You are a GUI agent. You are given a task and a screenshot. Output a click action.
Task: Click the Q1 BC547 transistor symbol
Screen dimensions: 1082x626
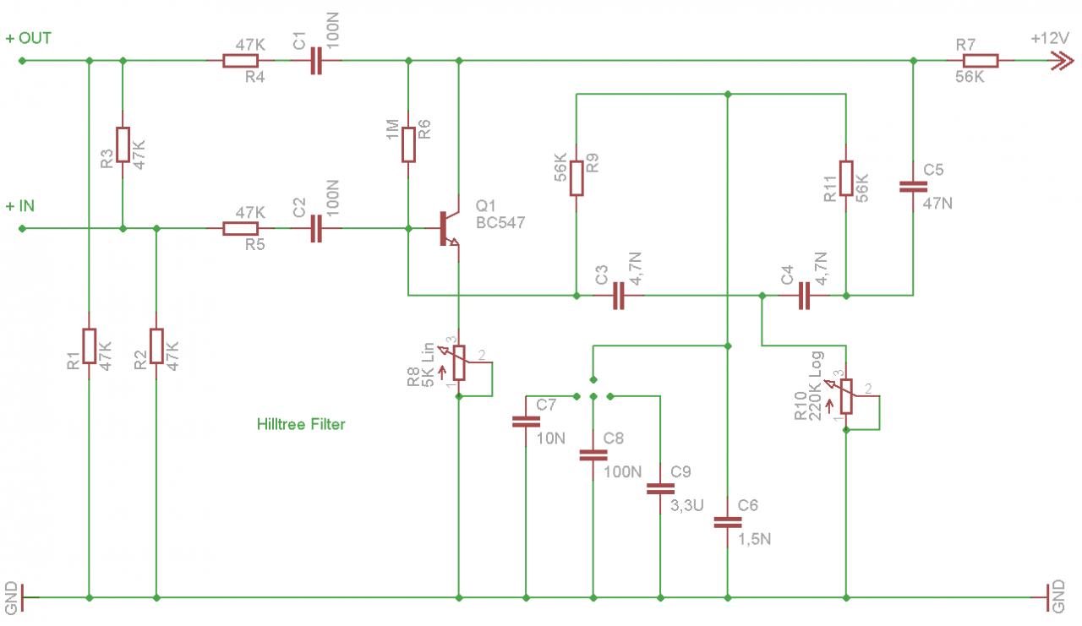(x=448, y=228)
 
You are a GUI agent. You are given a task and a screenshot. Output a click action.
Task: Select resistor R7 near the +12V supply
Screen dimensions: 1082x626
(x=980, y=61)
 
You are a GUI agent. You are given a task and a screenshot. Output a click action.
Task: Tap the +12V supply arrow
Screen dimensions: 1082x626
(x=1063, y=61)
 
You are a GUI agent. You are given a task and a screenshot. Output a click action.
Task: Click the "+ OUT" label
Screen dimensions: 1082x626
(x=28, y=38)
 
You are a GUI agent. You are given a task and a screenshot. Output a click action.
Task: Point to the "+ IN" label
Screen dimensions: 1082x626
(x=19, y=206)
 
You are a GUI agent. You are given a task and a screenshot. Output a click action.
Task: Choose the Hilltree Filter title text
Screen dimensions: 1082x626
(x=301, y=424)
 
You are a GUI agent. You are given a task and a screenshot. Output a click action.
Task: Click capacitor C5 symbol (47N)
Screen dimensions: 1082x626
(x=913, y=187)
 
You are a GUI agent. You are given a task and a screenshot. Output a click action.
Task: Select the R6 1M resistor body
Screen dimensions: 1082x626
(x=408, y=144)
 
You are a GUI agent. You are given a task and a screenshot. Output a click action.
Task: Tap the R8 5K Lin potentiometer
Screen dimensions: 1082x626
(x=459, y=363)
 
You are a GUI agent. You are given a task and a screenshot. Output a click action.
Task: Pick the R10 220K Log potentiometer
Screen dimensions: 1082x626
(x=846, y=397)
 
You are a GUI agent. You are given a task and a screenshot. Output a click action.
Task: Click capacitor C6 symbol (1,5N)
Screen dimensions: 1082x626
(x=728, y=523)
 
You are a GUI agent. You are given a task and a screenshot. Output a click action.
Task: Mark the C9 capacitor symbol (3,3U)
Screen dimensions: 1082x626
(x=660, y=489)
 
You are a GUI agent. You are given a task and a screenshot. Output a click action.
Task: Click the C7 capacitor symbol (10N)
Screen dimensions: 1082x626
(x=526, y=422)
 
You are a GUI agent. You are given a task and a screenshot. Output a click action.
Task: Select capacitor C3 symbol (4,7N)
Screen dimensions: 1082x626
(x=618, y=296)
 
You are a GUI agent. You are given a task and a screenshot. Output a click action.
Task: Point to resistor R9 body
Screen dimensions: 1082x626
(x=577, y=178)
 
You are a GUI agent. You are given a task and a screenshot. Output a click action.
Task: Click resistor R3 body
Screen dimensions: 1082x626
(x=123, y=144)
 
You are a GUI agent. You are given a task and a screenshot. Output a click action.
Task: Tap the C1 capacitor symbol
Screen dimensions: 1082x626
(x=316, y=61)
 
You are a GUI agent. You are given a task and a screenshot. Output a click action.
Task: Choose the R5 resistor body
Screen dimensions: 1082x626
(x=241, y=228)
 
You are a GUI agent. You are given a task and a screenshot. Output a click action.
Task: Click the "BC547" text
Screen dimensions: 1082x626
(x=500, y=222)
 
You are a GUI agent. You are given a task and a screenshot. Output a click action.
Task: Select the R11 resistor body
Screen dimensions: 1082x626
(x=846, y=178)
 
